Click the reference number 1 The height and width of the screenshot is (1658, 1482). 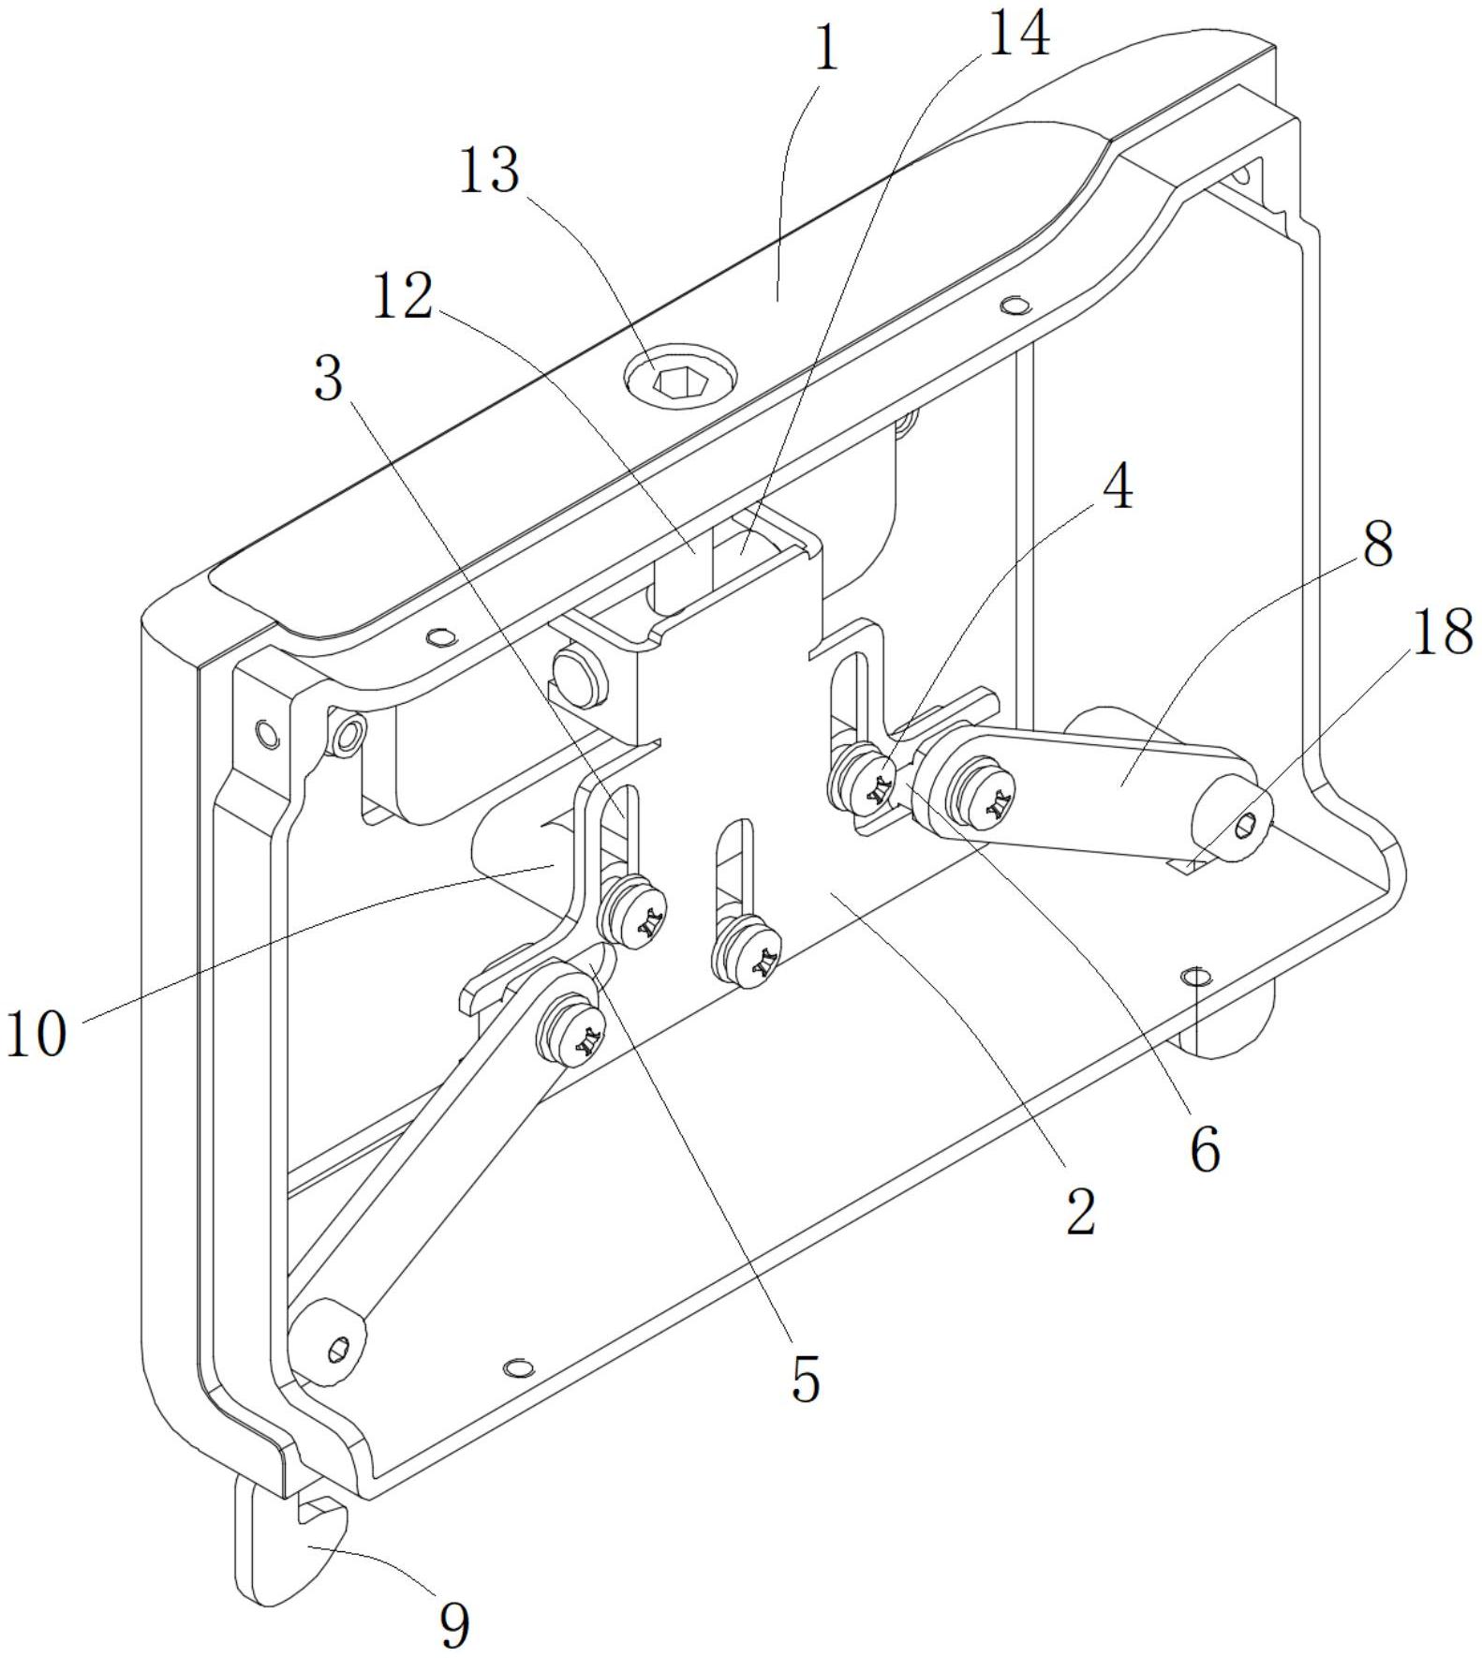(824, 49)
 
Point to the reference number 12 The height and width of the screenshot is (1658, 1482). (403, 298)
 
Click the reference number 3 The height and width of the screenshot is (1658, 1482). (328, 380)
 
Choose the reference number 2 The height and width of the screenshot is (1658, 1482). (1080, 1212)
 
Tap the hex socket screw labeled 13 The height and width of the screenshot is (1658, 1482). (680, 381)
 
